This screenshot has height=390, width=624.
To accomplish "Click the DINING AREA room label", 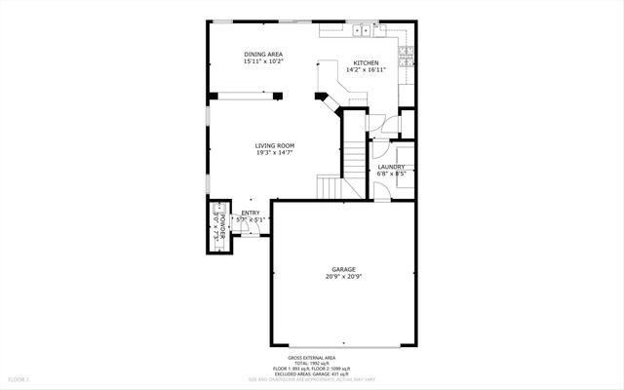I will point(263,55).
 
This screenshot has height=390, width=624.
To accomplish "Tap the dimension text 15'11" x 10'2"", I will point(263,61).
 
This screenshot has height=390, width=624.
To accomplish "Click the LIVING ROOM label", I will point(275,145).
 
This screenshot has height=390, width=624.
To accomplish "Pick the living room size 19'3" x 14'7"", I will point(275,152).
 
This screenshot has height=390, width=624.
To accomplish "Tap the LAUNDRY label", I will point(391,167).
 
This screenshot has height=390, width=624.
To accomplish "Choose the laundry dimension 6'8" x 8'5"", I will point(391,174).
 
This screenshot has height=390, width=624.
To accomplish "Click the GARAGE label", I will point(342,269).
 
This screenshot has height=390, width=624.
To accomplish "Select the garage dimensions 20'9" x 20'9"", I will point(342,276).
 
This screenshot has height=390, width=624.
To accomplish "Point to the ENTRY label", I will point(251,213).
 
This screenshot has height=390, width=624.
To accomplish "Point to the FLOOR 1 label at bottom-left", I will point(19,378).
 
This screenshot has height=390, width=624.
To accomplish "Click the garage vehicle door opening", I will point(342,345).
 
